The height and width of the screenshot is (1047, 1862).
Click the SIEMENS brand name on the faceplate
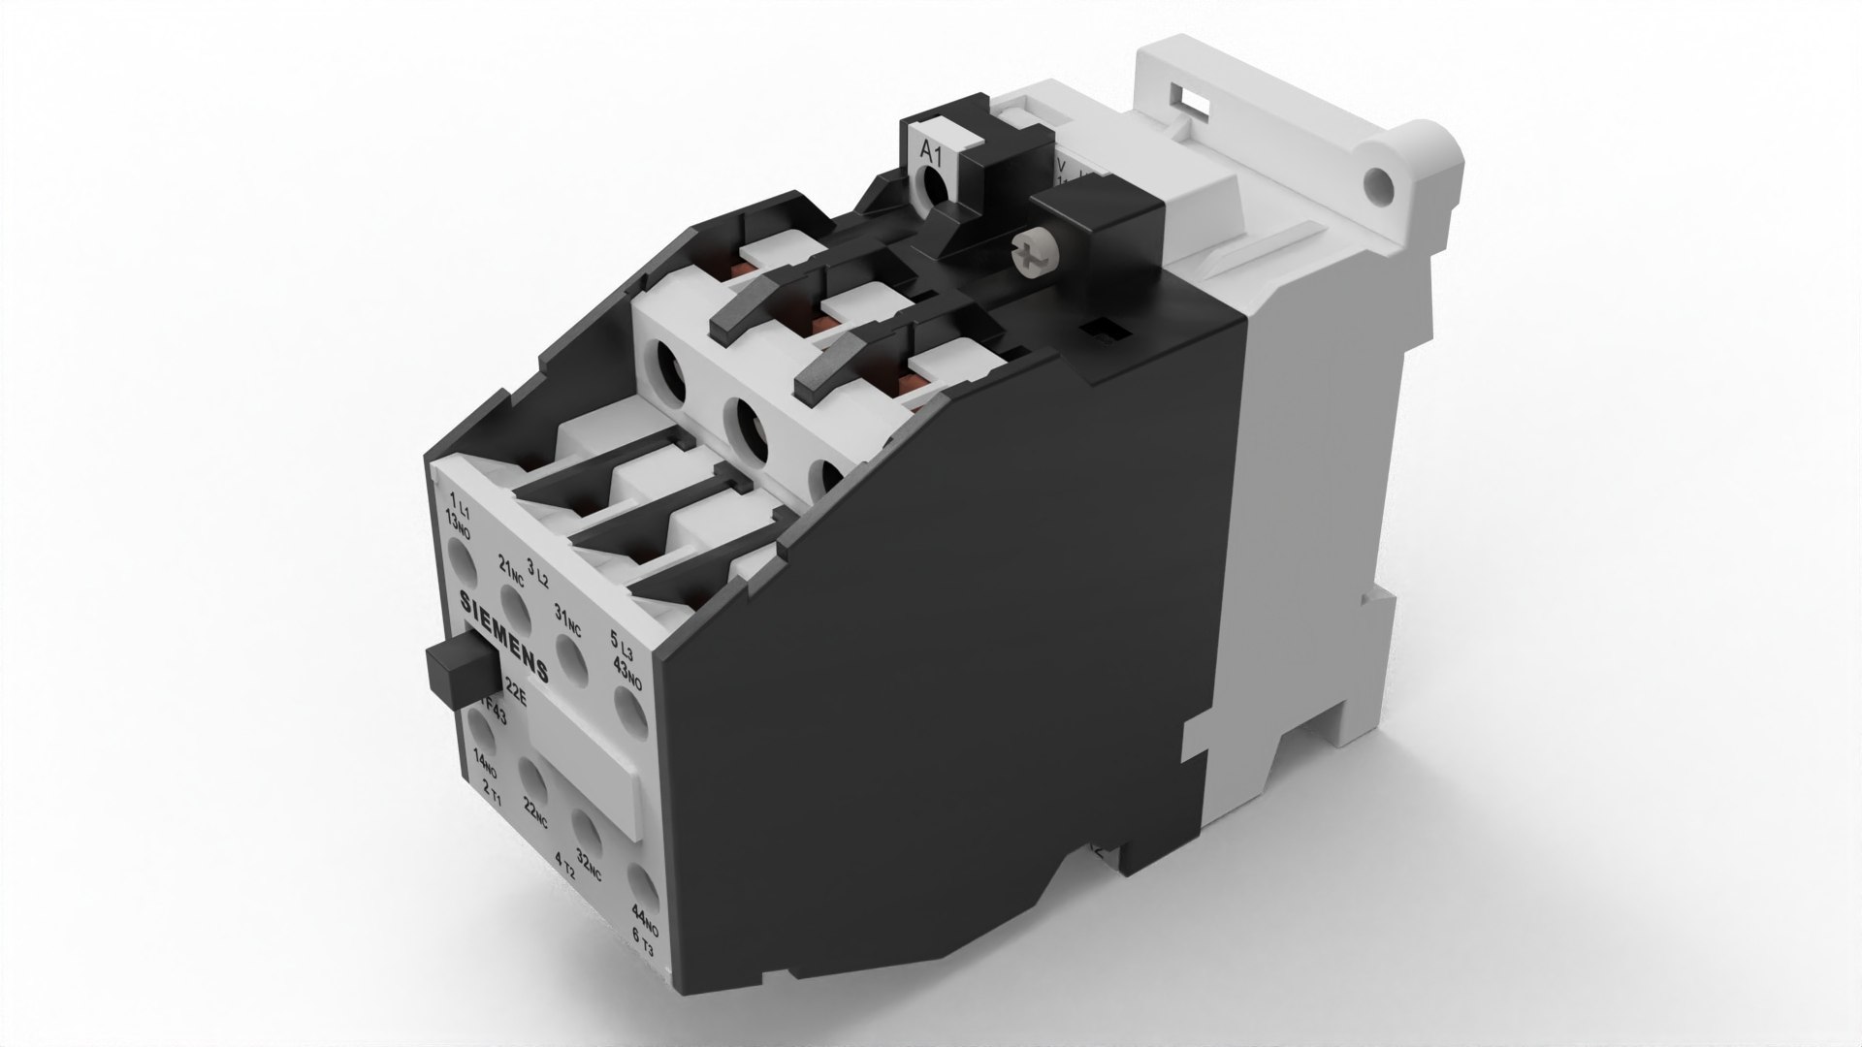click(503, 635)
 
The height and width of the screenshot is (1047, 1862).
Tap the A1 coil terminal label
click(930, 151)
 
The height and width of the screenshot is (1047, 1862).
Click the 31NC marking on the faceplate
click(566, 615)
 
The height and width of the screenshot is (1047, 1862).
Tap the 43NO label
click(628, 672)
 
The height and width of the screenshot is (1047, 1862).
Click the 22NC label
click(535, 809)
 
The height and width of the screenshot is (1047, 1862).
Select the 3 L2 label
click(537, 572)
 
